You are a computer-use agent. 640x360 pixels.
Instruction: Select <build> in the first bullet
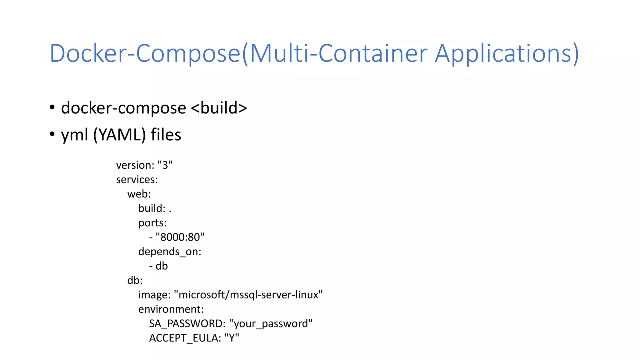219,108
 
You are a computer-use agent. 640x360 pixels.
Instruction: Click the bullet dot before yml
52,134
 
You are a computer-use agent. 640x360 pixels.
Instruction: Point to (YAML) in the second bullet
119,135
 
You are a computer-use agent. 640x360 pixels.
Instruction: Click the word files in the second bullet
166,135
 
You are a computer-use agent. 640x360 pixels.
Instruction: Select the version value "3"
165,165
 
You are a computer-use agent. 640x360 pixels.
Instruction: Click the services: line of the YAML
137,180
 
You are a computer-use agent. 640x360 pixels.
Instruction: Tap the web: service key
139,194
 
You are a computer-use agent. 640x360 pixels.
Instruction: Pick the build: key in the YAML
152,208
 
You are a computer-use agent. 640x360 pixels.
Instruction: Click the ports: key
152,223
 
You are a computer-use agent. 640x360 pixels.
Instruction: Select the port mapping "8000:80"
180,237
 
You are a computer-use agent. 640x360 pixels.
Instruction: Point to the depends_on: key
170,252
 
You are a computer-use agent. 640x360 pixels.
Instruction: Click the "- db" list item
159,266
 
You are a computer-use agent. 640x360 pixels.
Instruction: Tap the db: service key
135,280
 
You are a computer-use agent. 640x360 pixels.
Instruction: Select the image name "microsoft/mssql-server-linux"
248,295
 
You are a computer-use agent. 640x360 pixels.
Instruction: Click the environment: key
171,309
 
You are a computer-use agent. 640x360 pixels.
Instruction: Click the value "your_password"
271,323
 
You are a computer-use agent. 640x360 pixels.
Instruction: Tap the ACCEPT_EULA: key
185,338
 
